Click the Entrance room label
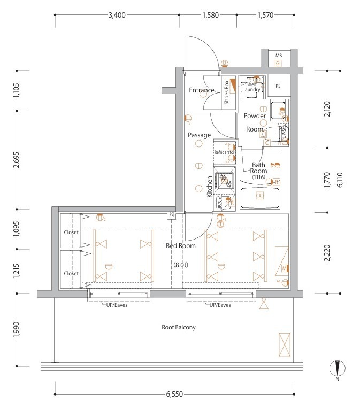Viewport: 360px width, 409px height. click(x=202, y=90)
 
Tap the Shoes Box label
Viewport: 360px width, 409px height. click(x=227, y=91)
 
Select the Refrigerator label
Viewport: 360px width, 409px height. click(x=225, y=152)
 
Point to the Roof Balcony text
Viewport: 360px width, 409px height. click(x=179, y=327)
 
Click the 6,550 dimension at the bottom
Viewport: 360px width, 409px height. click(x=174, y=394)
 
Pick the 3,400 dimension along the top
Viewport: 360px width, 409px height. click(x=117, y=15)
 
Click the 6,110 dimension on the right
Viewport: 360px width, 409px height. click(x=341, y=182)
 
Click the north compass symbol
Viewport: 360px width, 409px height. click(x=338, y=369)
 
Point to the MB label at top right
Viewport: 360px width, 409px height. click(x=278, y=56)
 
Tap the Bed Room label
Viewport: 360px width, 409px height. click(x=180, y=246)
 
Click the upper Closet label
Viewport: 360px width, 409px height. click(x=71, y=233)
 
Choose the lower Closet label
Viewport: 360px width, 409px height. click(x=71, y=273)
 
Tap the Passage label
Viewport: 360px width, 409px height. click(x=199, y=135)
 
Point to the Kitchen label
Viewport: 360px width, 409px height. click(x=210, y=187)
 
